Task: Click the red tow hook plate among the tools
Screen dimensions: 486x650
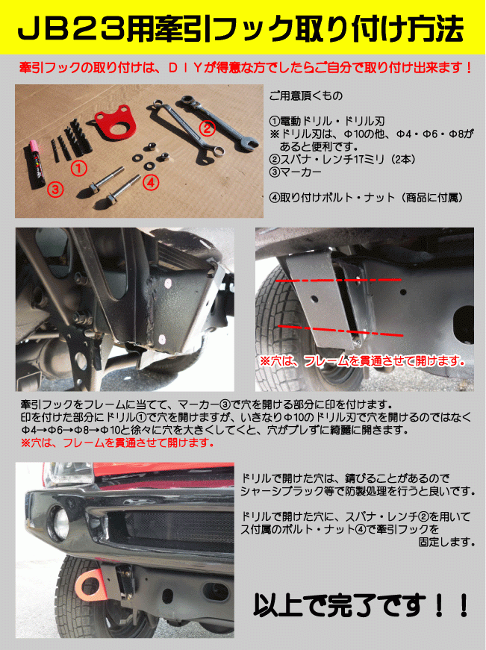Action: coord(112,122)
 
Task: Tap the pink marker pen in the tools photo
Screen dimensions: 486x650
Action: coord(37,164)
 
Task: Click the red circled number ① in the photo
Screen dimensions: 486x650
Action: coord(78,169)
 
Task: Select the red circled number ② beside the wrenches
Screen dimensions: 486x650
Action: coord(208,128)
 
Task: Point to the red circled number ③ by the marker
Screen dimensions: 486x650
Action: coord(55,190)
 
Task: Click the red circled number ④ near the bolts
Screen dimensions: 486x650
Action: coord(151,182)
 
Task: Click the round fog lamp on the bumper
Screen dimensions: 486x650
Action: coord(60,522)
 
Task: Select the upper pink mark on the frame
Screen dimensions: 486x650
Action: coord(167,284)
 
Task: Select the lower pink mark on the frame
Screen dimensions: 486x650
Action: coord(162,339)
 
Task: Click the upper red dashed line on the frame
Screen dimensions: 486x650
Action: coord(338,281)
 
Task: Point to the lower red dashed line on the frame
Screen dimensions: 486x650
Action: coord(340,331)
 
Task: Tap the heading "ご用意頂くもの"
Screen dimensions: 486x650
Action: coord(306,96)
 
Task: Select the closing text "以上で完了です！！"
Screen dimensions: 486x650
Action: coord(361,605)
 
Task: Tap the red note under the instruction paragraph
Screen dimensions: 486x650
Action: coord(117,443)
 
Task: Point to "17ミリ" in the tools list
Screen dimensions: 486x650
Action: coord(364,159)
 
